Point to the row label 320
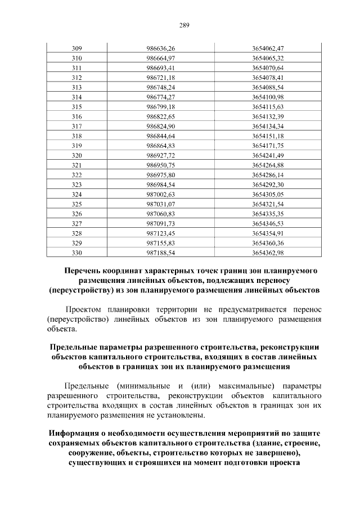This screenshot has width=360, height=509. coord(77,155)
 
